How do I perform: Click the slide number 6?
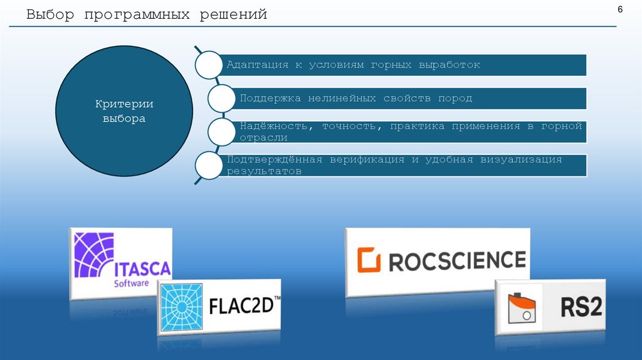(620, 10)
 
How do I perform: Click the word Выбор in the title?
(47, 14)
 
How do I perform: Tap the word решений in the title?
(234, 14)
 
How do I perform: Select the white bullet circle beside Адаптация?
(209, 65)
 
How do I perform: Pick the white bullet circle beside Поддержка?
(222, 98)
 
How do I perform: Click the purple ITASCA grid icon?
(94, 255)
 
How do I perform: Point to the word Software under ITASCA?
(131, 283)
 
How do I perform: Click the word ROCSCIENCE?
(457, 260)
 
